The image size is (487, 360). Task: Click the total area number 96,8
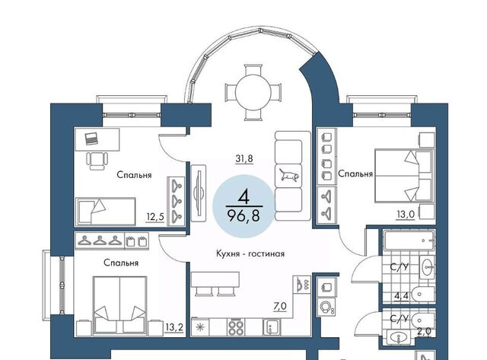(x=243, y=215)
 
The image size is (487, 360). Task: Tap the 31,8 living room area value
(x=244, y=159)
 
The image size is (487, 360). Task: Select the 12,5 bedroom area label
(x=155, y=216)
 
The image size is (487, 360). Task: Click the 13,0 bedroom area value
(x=406, y=214)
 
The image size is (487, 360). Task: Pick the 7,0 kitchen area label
(x=280, y=307)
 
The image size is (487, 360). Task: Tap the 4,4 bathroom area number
(x=401, y=296)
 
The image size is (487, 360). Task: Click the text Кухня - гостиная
(x=250, y=253)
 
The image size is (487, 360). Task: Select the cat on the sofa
(x=289, y=175)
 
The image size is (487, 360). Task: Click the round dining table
(x=253, y=92)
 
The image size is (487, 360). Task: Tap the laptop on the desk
(x=91, y=139)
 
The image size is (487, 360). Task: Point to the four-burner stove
(x=236, y=327)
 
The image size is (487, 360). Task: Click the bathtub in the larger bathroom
(x=409, y=240)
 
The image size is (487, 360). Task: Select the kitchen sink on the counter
(x=272, y=327)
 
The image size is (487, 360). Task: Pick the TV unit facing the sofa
(x=199, y=193)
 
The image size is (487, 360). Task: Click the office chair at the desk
(x=97, y=161)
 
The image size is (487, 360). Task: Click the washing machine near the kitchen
(x=326, y=308)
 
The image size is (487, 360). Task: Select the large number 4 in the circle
(x=244, y=196)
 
